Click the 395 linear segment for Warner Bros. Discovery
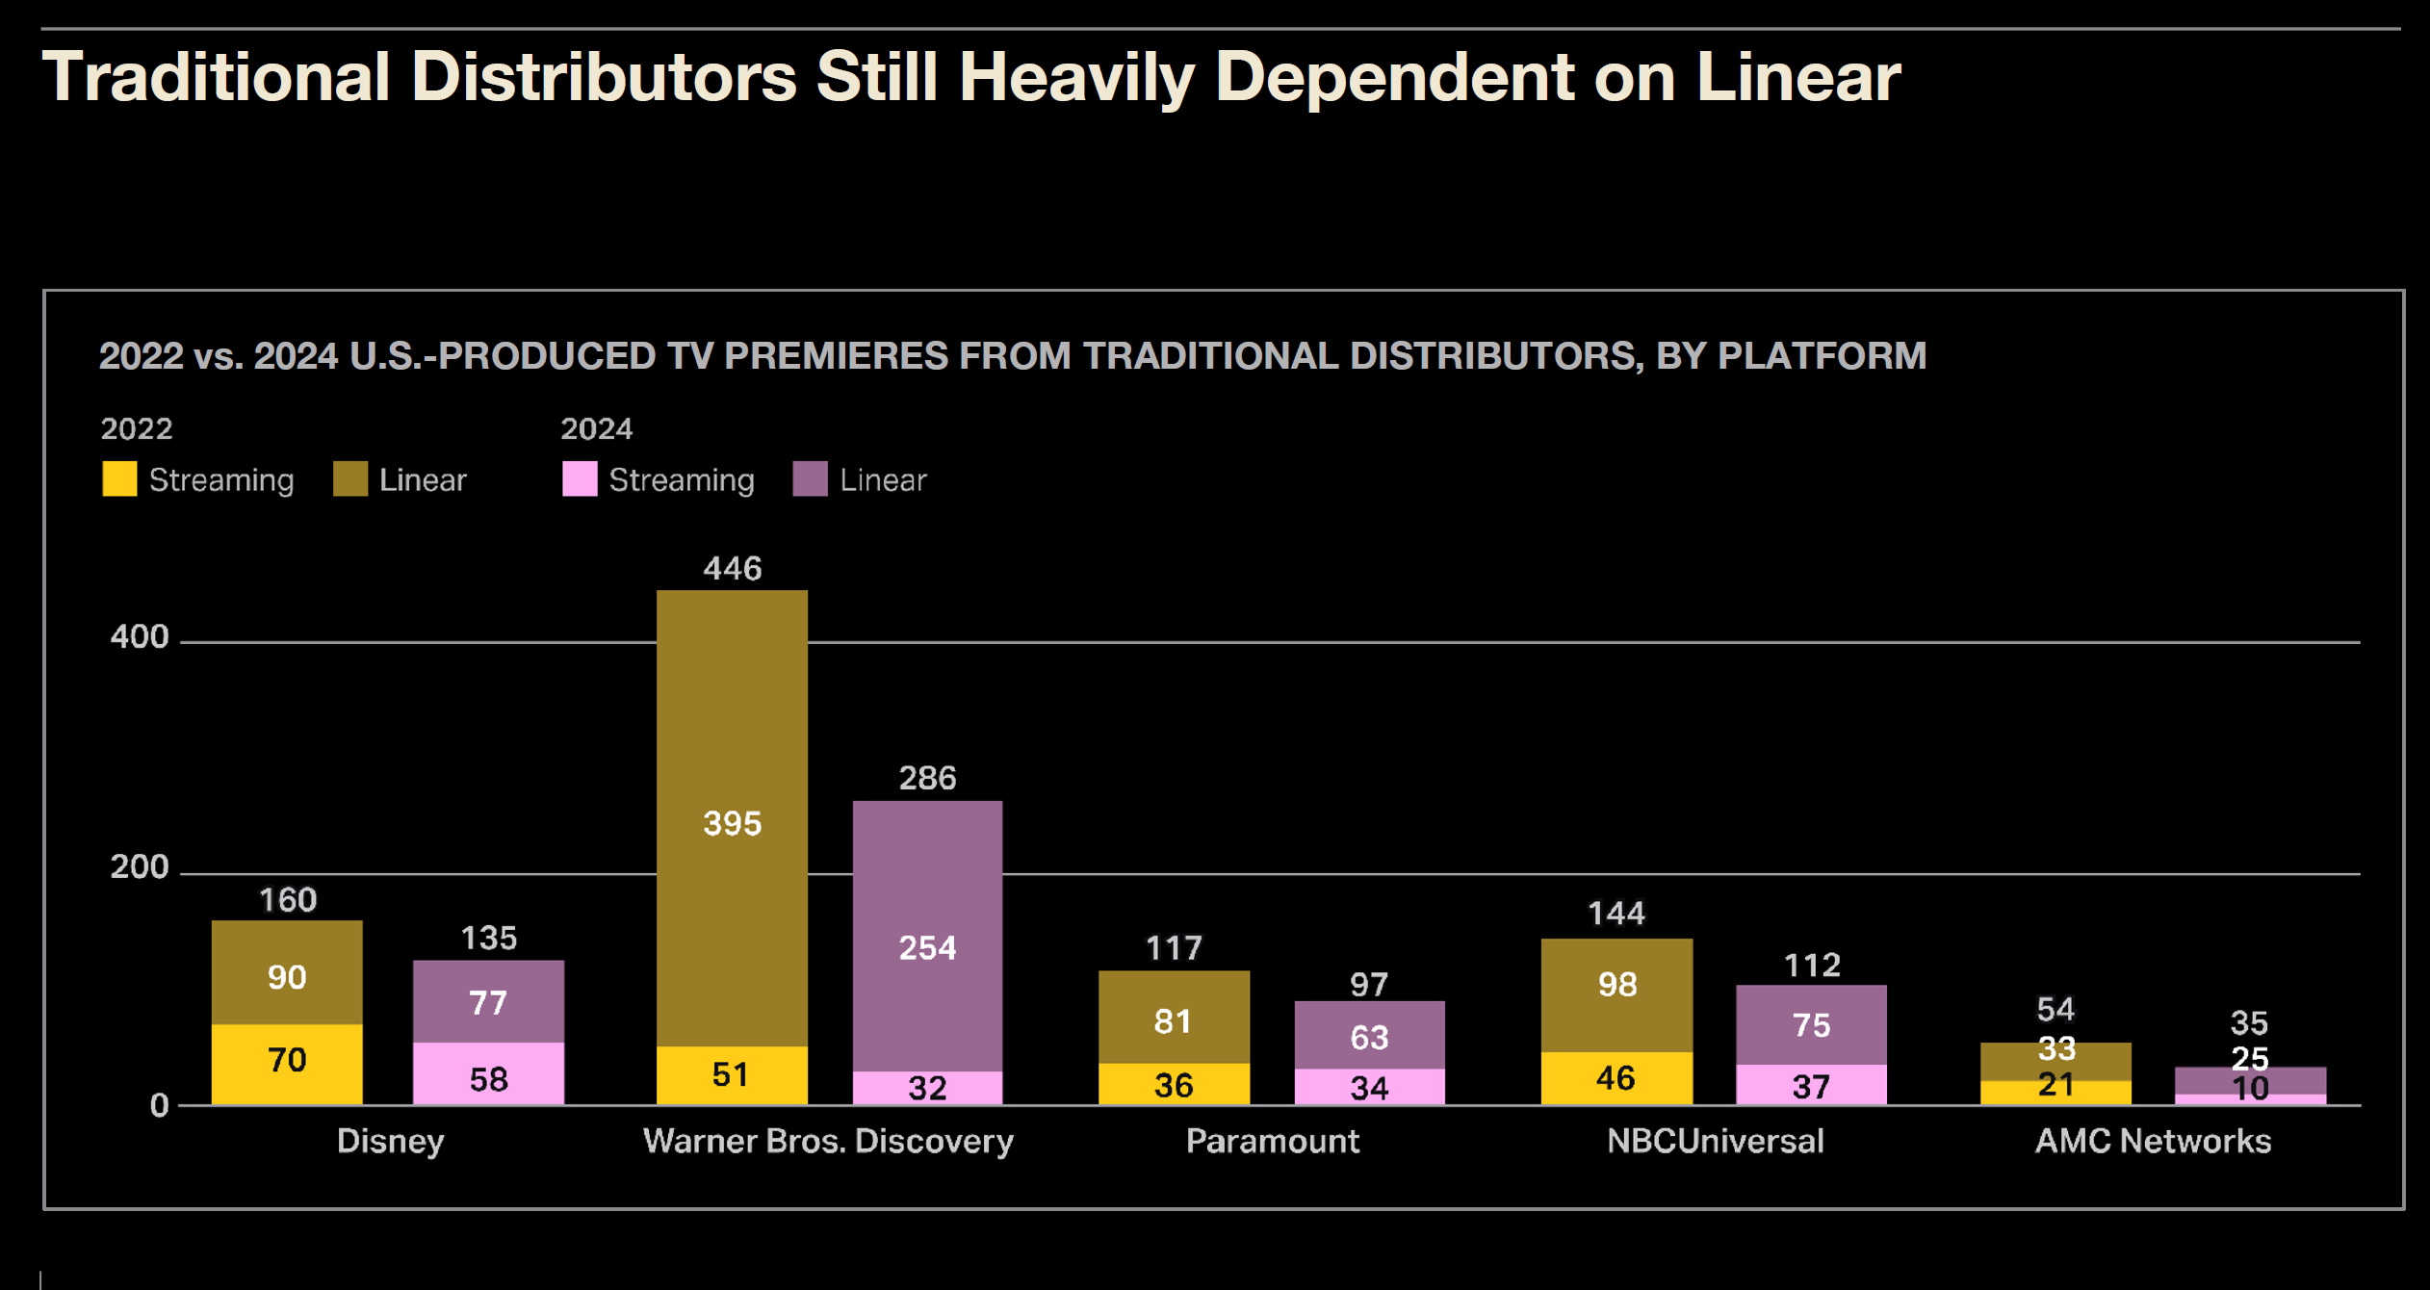[x=732, y=822]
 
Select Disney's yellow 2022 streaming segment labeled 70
[x=287, y=1061]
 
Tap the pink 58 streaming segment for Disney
[x=488, y=1077]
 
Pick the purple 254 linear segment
[x=927, y=947]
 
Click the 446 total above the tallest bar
[x=732, y=569]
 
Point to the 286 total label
[x=927, y=778]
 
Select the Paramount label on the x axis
[x=1272, y=1141]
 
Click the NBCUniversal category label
[x=1715, y=1141]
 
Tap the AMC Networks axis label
[x=2153, y=1141]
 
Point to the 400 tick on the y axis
[x=140, y=636]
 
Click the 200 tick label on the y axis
[x=140, y=867]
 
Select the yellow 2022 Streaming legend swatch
[x=119, y=478]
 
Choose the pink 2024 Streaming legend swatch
[x=580, y=478]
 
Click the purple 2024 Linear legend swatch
[x=810, y=478]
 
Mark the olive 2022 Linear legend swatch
[x=350, y=478]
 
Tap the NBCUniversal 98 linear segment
[x=1616, y=985]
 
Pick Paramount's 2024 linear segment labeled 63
[x=1369, y=1037]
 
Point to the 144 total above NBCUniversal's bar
[x=1616, y=913]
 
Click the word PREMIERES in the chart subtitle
[x=836, y=356]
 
